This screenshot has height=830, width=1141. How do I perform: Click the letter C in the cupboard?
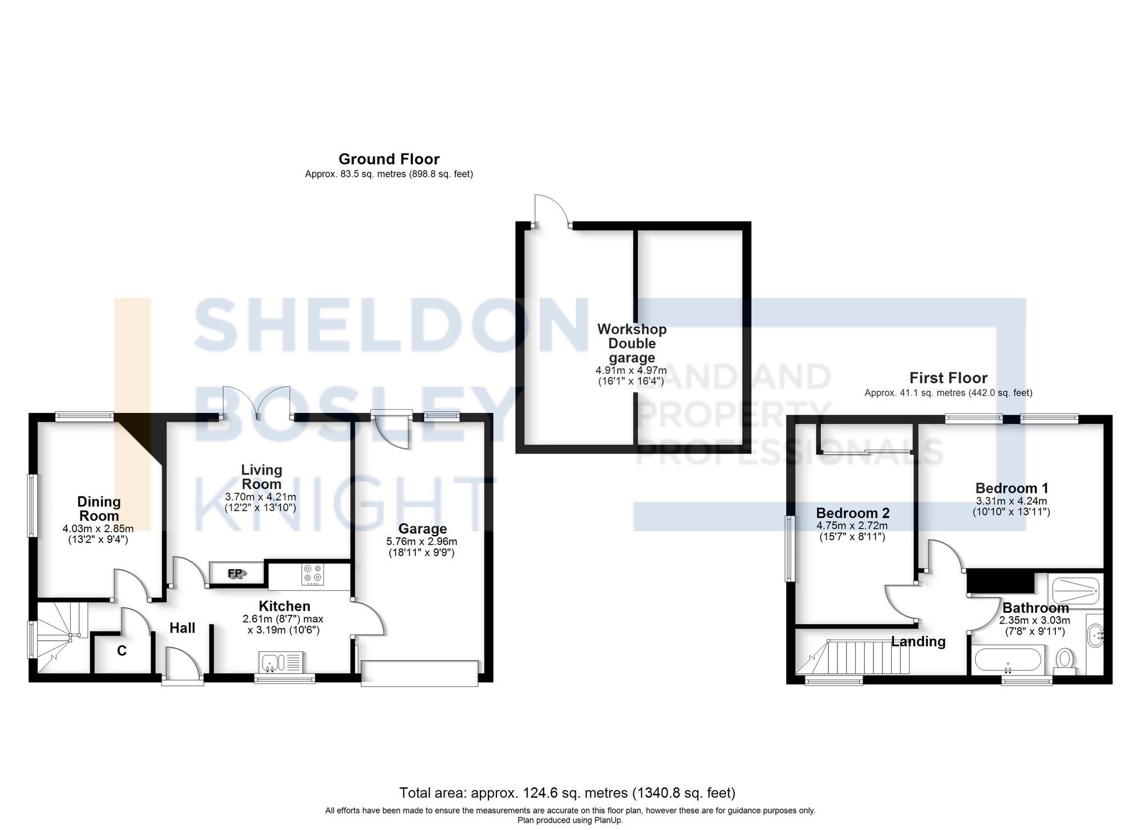[122, 650]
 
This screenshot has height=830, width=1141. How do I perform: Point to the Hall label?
[183, 628]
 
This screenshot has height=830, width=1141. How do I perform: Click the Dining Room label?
[99, 508]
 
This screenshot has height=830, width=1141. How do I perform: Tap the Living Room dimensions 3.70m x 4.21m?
[261, 497]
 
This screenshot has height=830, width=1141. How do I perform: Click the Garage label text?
[422, 529]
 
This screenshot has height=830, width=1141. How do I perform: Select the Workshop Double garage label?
[632, 343]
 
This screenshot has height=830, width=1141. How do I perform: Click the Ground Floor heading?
[389, 159]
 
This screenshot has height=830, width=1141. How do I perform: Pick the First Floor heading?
[948, 378]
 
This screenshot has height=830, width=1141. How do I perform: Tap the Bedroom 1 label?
[1011, 488]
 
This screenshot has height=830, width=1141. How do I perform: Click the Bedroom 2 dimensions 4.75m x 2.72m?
[852, 526]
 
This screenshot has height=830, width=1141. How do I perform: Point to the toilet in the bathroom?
[1065, 660]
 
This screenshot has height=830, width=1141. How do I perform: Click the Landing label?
[919, 642]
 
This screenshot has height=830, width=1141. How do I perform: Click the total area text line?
[567, 793]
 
